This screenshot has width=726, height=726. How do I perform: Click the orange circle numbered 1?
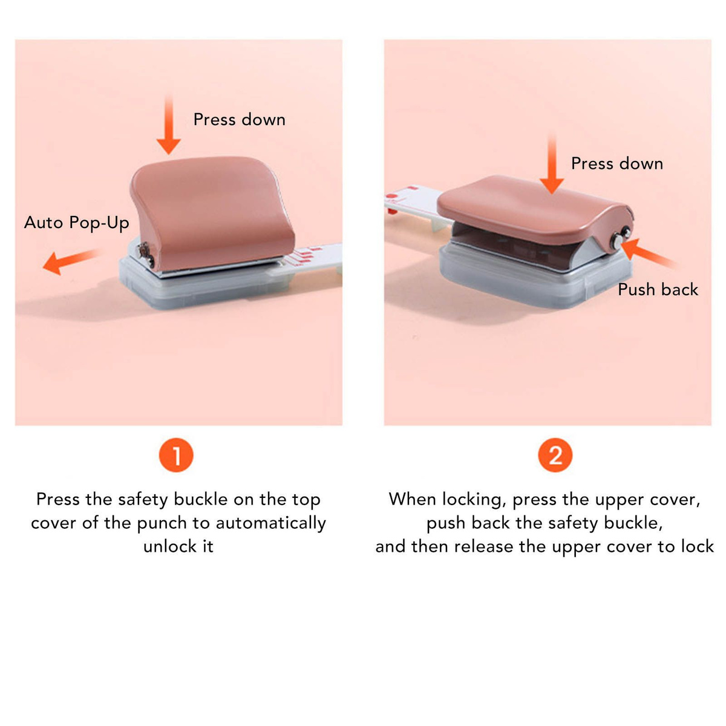(176, 455)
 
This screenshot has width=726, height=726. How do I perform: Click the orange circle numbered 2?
(555, 455)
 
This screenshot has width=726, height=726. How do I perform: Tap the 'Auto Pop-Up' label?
(76, 223)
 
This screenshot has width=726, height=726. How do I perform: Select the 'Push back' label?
(658, 290)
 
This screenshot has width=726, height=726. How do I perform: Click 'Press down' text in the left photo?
(239, 120)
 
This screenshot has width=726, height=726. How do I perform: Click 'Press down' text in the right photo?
(617, 163)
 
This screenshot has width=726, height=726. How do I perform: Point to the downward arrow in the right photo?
(552, 163)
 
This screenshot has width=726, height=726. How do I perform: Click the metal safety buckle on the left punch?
(145, 253)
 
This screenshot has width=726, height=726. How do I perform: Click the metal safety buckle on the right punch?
(621, 238)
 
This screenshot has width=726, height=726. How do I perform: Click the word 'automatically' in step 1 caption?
(271, 523)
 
